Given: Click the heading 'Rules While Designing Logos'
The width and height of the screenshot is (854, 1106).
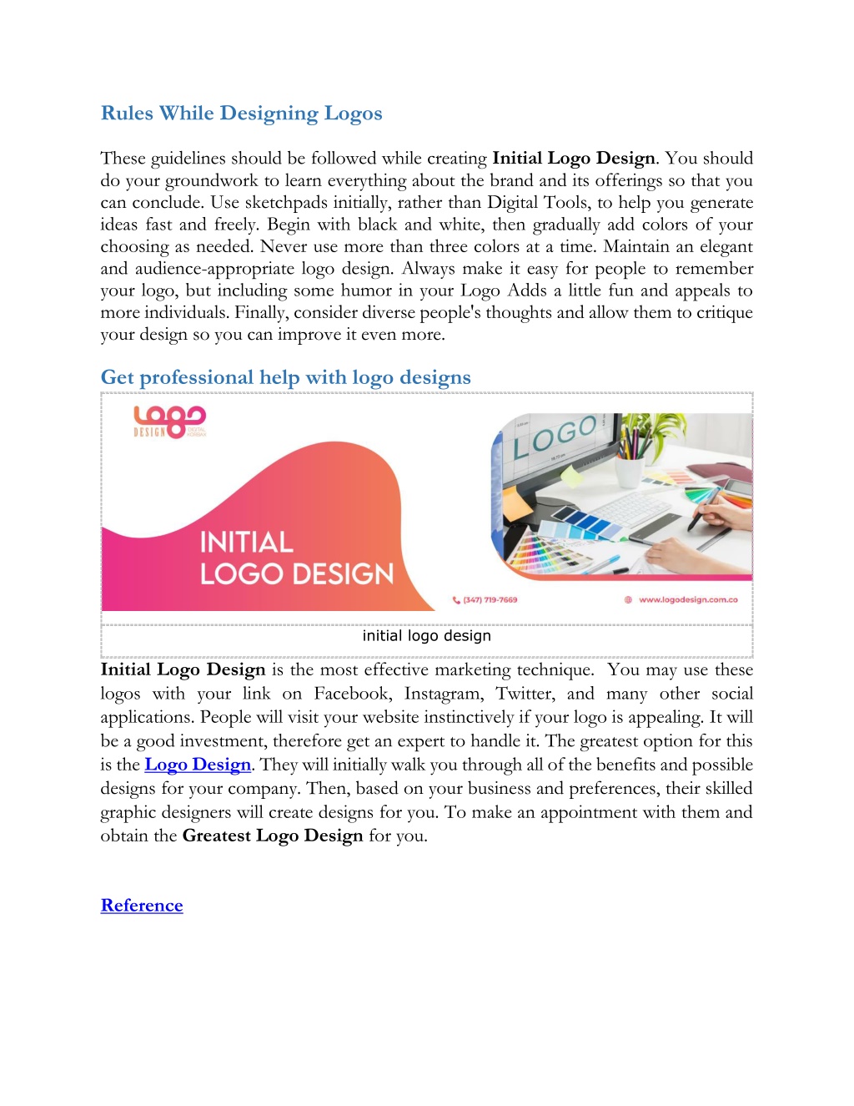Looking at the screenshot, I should point(241,114).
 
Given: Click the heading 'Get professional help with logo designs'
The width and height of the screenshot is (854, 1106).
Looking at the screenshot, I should point(285,378).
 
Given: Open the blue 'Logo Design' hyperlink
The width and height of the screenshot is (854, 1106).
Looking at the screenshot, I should point(198,765).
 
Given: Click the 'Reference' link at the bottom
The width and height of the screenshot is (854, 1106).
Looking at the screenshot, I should point(142,906).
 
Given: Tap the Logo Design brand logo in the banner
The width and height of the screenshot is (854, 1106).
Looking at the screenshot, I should point(170,422).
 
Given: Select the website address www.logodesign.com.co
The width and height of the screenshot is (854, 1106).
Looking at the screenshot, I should point(688,599).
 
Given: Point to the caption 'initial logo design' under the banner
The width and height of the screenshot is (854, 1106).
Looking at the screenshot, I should point(426,636).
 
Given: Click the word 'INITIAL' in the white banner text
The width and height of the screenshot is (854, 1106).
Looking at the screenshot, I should point(246,543).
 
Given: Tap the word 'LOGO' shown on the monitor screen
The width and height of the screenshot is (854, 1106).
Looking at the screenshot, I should point(555,436).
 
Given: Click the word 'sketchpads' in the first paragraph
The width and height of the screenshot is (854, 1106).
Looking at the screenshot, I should point(294,203).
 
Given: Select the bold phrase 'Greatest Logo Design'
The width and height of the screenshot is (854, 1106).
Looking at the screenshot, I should point(273,836).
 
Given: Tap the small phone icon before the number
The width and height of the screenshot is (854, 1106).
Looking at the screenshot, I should point(456,599).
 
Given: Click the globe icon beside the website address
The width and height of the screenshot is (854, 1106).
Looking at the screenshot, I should point(628,599).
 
